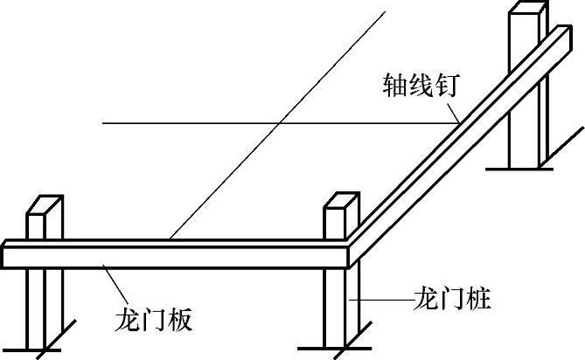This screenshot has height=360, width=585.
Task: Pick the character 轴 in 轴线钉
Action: [x=394, y=86]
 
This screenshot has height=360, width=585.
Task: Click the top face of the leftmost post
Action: [x=44, y=205]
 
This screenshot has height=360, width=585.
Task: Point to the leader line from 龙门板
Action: [x=117, y=284]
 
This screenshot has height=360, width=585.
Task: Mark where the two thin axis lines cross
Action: [x=277, y=123]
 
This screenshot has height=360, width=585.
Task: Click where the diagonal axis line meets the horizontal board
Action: [x=172, y=239]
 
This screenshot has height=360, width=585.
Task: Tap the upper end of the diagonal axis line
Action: [x=385, y=10]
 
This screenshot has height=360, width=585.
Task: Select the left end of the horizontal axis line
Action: [x=103, y=123]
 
